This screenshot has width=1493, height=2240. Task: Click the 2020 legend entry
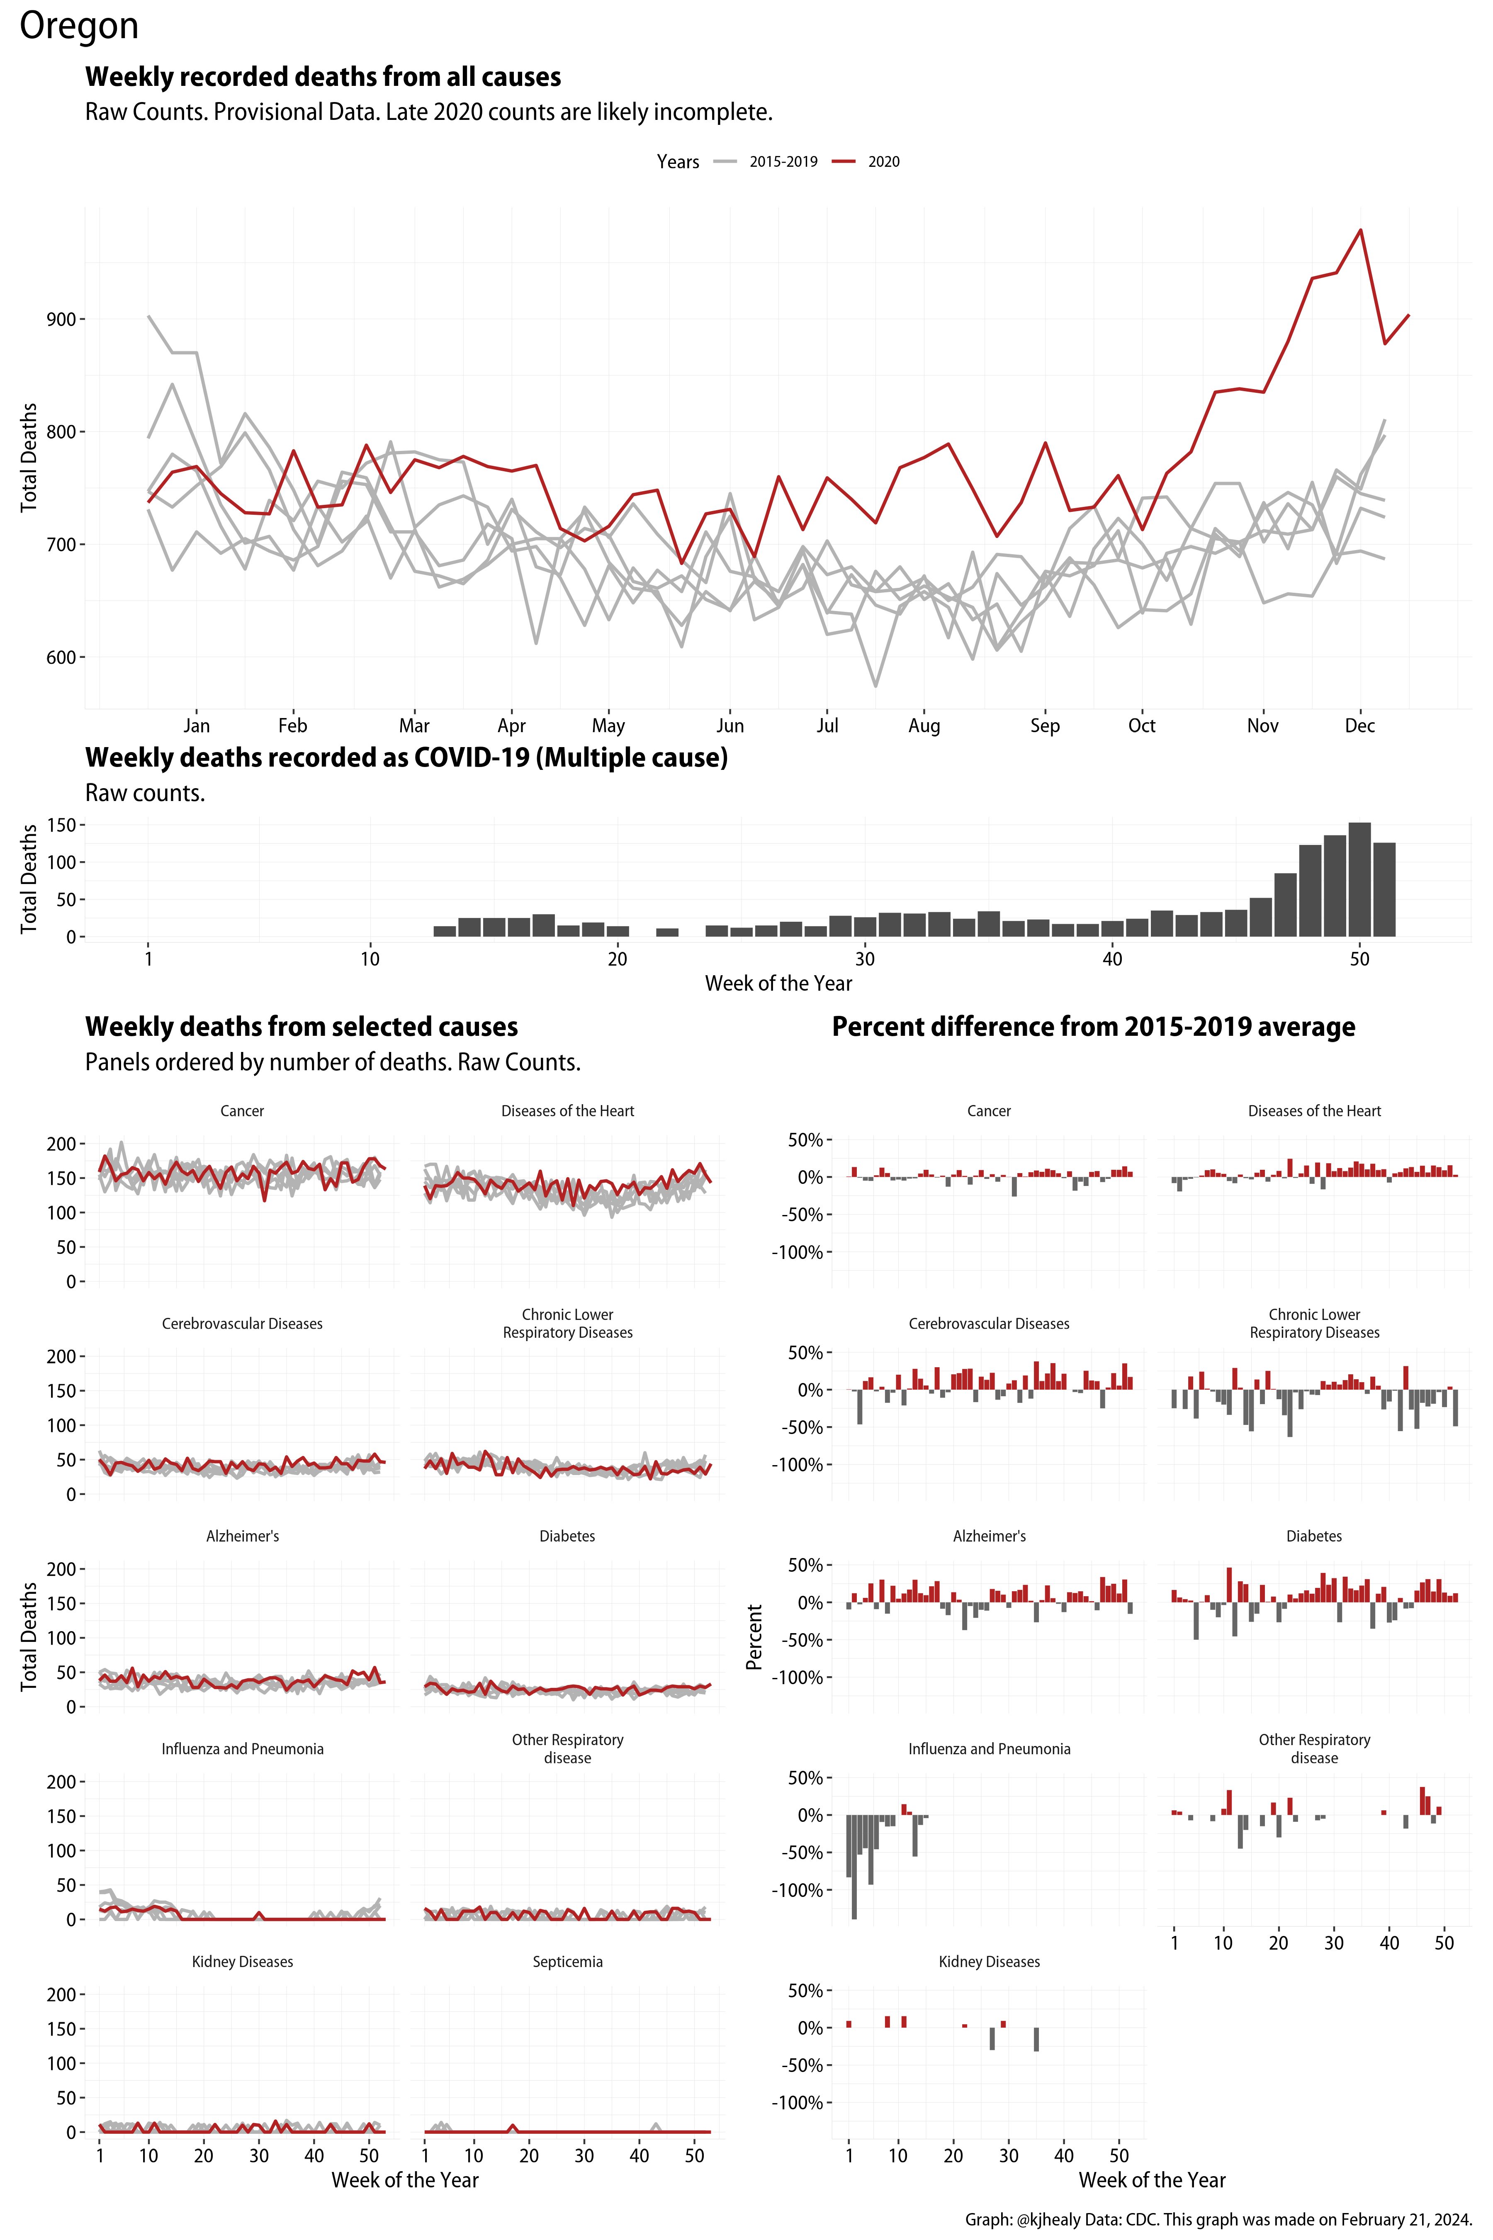point(883,162)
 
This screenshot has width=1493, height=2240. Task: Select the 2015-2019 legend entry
point(782,162)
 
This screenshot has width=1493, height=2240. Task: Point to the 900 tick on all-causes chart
point(61,319)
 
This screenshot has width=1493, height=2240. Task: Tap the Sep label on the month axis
point(1045,726)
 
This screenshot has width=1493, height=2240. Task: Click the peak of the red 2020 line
point(1360,229)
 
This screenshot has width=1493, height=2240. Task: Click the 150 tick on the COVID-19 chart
point(61,825)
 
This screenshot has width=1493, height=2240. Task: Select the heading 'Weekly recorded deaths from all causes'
point(323,77)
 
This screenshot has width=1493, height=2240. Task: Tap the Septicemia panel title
point(567,1962)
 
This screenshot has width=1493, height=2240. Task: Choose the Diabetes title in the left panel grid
point(567,1536)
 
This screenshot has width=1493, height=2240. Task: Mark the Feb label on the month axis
point(292,726)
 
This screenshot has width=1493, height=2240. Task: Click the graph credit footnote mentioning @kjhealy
point(1218,2219)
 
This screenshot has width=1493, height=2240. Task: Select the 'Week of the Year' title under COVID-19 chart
point(778,984)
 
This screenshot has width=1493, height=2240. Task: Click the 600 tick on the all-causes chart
point(61,657)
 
